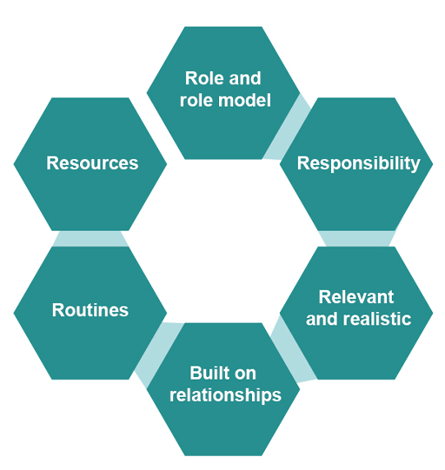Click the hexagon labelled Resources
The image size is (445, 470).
90,163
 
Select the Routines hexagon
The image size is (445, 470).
90,311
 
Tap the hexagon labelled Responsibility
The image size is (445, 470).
357,163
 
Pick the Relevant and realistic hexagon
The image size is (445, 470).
357,309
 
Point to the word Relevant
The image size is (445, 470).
355,297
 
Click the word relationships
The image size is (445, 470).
224,395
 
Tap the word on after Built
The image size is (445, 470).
246,374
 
